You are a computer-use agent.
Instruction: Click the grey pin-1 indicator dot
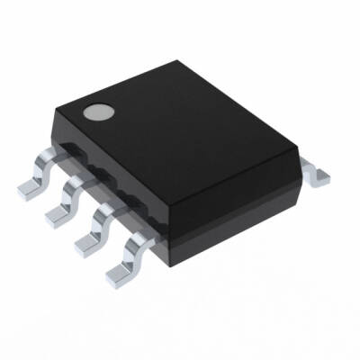[x=96, y=113]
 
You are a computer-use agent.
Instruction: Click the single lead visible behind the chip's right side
[x=316, y=172]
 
